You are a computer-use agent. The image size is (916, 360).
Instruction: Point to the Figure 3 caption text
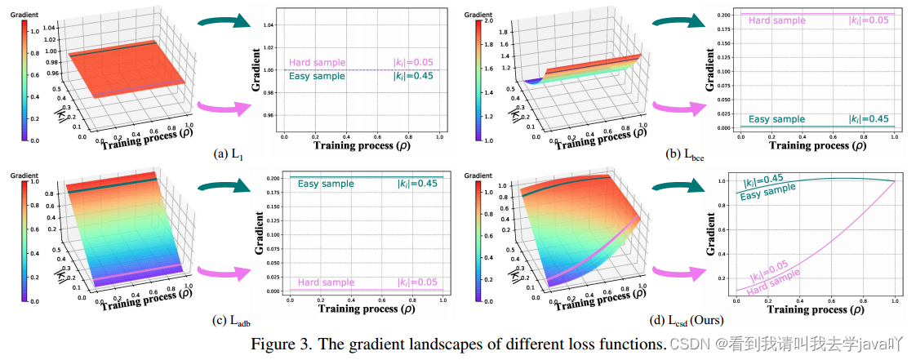coord(457,343)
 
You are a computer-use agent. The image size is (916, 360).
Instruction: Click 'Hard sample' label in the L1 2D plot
coord(317,63)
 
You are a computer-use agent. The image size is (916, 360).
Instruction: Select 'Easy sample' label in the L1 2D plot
coord(317,76)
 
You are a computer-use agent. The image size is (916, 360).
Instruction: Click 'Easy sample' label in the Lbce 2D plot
coord(776,119)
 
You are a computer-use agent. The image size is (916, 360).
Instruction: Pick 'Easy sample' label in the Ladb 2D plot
coord(326,184)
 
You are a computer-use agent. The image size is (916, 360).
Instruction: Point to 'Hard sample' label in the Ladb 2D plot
coord(326,282)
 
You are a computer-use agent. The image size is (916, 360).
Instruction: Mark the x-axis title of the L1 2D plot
coord(363,145)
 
